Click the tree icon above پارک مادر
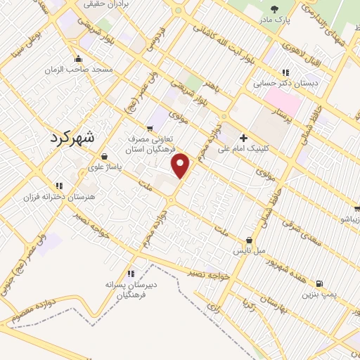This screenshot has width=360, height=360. (274, 9)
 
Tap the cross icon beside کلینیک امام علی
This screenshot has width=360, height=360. (243, 137)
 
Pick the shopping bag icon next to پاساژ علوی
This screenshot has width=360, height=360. (105, 157)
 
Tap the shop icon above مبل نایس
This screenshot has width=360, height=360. (249, 240)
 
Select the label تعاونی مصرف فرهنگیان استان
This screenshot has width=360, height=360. (149, 145)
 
